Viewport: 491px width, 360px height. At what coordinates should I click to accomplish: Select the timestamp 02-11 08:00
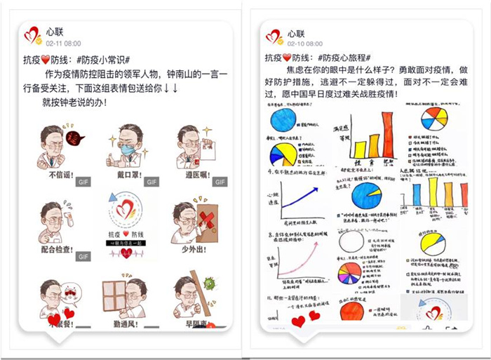tap(63, 43)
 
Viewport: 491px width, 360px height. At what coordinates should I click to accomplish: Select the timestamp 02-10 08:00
tap(304, 44)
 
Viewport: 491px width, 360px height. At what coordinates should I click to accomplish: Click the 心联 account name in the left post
tap(55, 32)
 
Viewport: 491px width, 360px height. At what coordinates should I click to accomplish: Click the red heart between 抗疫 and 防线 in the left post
tap(48, 60)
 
